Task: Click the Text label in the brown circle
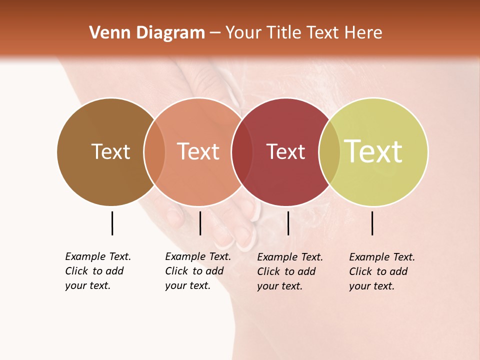click(x=110, y=151)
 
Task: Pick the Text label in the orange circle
click(x=198, y=151)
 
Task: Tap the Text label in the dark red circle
click(x=285, y=151)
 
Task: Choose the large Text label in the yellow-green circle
click(x=373, y=151)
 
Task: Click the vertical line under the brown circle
click(x=112, y=223)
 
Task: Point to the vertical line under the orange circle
click(x=200, y=223)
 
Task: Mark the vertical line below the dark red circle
click(x=288, y=223)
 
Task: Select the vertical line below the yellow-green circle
click(x=372, y=223)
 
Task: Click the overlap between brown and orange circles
click(x=154, y=151)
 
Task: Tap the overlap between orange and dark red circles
click(x=242, y=151)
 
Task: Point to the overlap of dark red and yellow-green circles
click(x=329, y=151)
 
